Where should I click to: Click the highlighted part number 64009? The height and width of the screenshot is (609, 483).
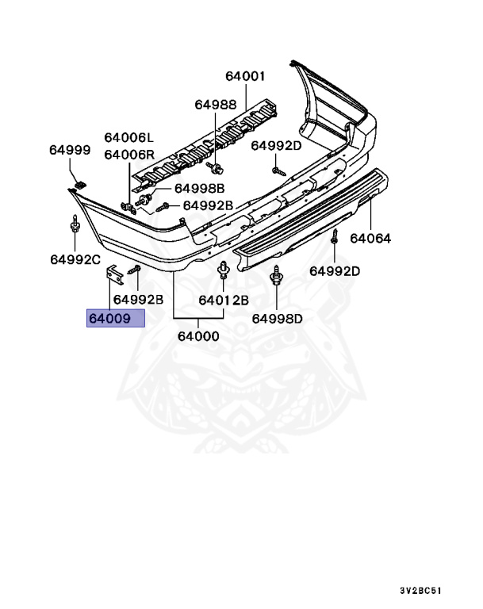tap(115, 319)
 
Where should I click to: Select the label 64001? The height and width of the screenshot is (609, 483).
tap(245, 77)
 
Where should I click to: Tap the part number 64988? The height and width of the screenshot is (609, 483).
tap(216, 105)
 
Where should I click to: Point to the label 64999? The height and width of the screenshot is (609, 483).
tap(70, 151)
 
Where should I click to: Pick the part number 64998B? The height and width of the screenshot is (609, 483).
tap(200, 188)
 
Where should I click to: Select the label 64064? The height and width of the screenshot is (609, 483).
tap(370, 237)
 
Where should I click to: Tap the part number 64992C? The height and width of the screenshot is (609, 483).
tap(75, 259)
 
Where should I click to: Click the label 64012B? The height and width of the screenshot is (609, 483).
tap(224, 300)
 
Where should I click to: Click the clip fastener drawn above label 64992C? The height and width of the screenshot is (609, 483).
tap(74, 228)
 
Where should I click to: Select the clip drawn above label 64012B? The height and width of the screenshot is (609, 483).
tap(223, 274)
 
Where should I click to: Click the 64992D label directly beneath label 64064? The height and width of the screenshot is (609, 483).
tap(335, 271)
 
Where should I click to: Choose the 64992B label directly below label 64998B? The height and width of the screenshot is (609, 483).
tap(208, 205)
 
